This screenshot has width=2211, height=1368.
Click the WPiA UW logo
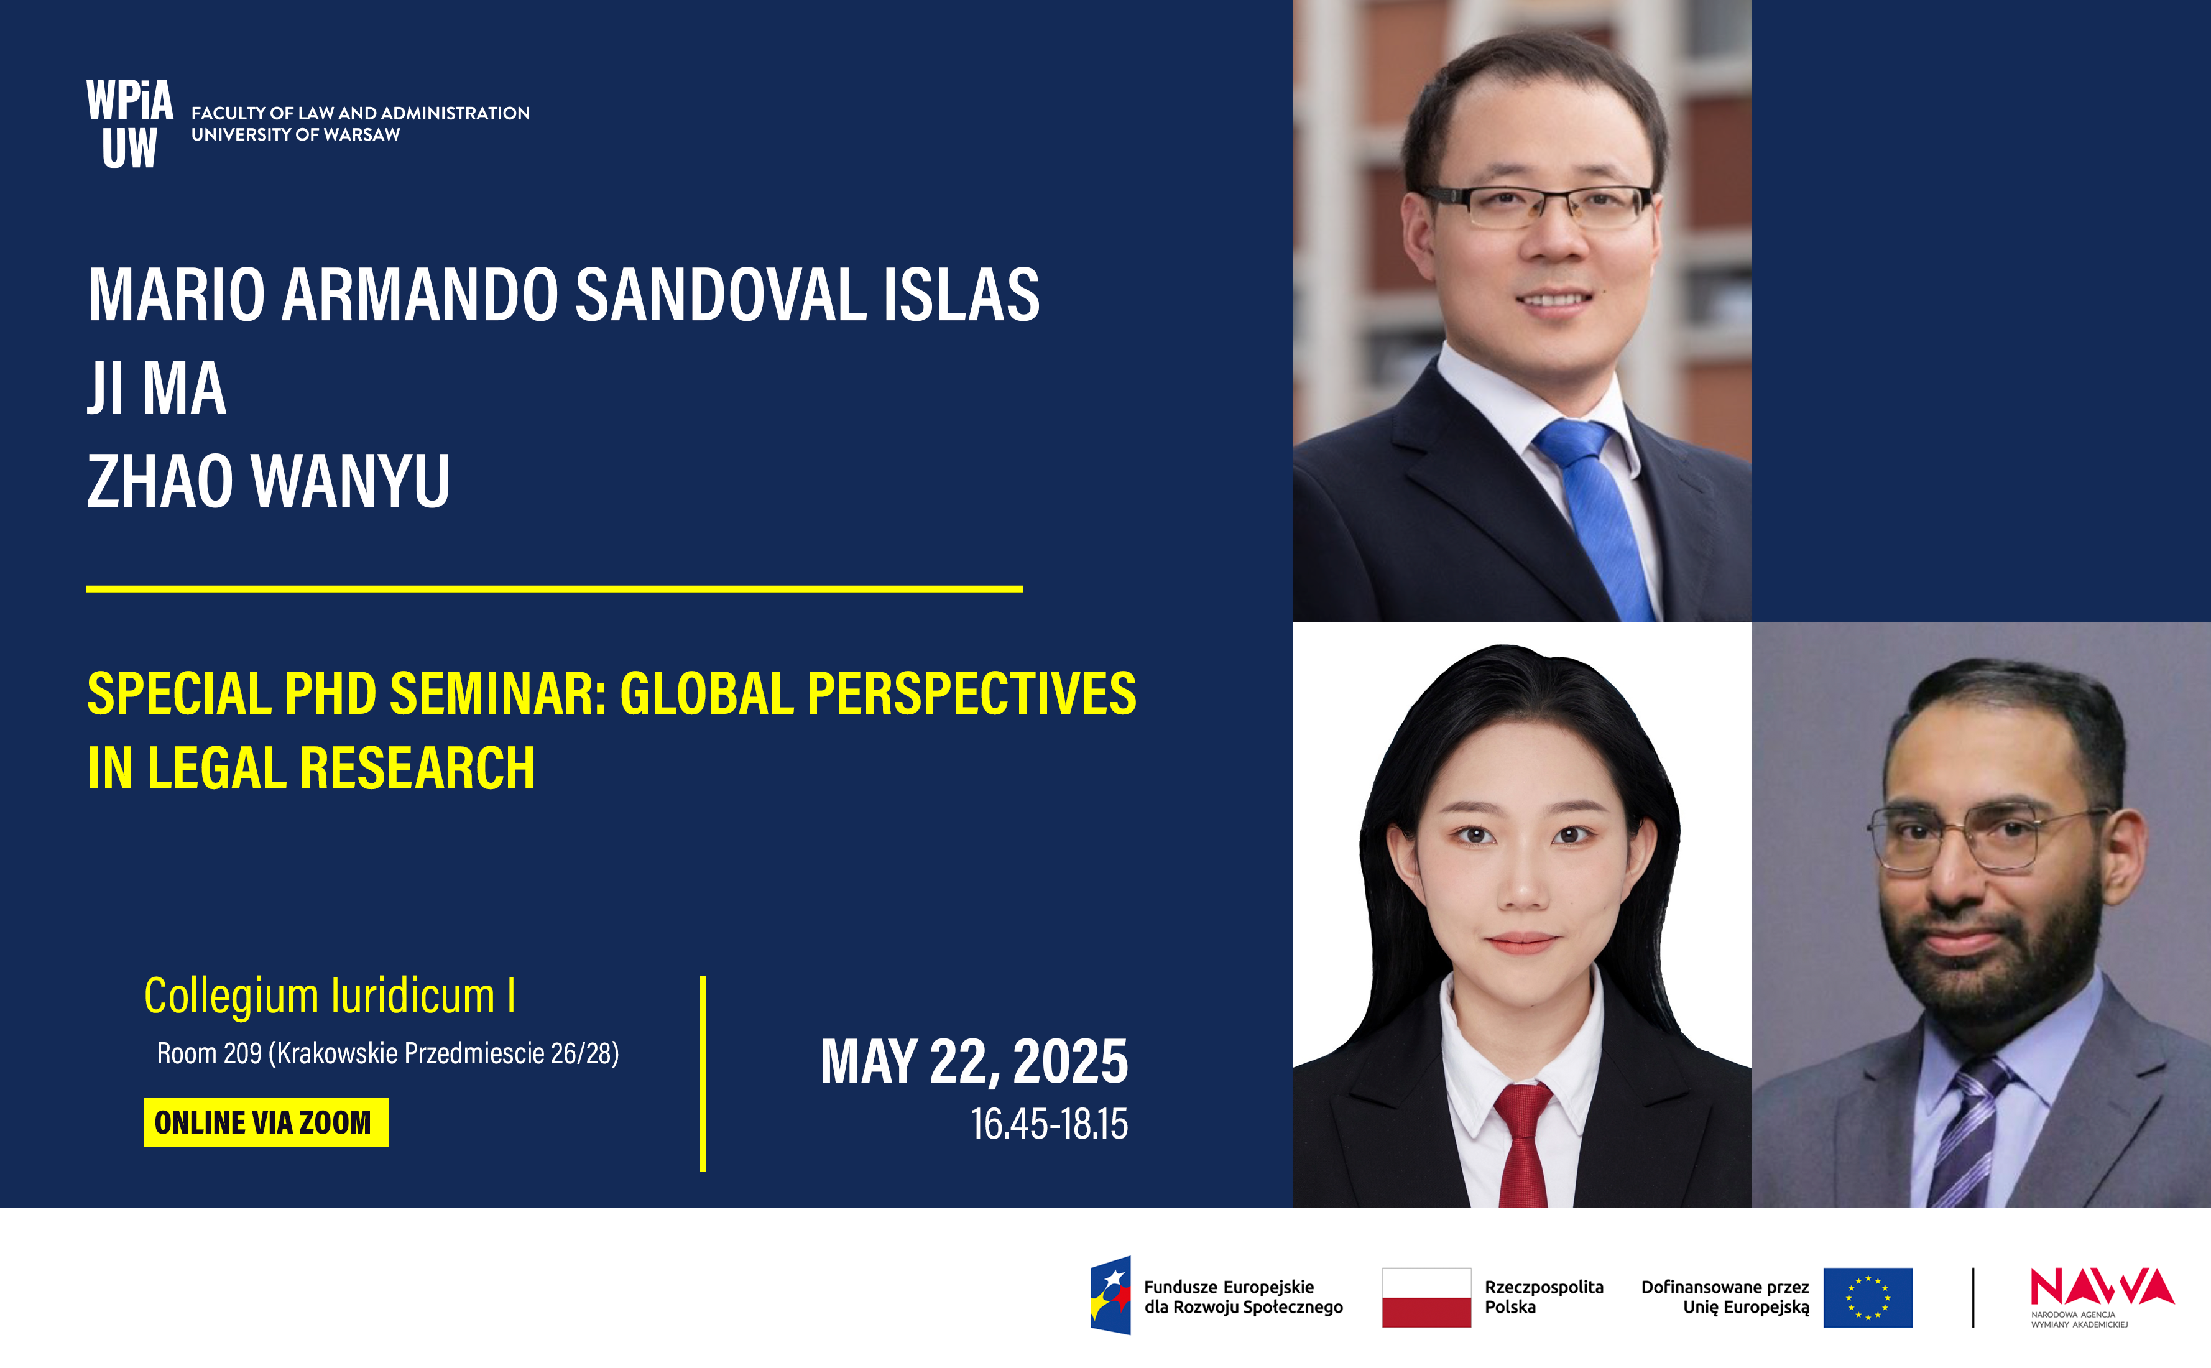click(129, 124)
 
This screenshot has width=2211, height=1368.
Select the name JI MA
click(157, 388)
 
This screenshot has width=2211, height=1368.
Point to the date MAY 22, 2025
click(974, 1061)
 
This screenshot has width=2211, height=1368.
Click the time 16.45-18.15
click(1050, 1124)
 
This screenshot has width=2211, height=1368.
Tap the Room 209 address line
click(388, 1053)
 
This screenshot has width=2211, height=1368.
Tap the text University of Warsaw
click(296, 135)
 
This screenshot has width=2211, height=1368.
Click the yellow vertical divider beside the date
click(703, 1073)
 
